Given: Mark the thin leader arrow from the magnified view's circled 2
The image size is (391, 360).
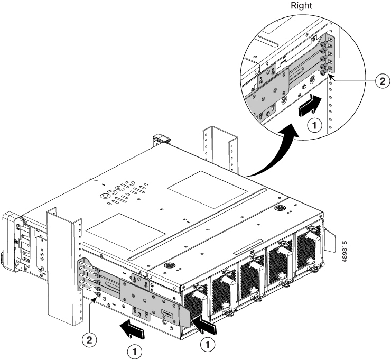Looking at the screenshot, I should pos(354,80).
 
